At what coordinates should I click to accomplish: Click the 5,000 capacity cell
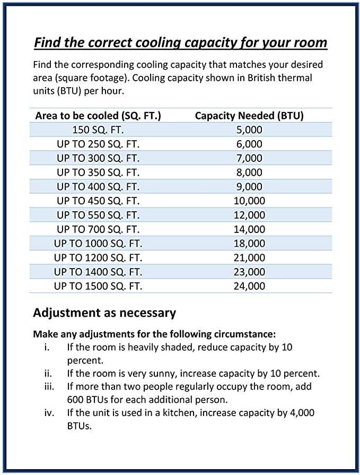pyautogui.click(x=249, y=129)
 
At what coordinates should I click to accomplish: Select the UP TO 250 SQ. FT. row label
pyautogui.click(x=98, y=144)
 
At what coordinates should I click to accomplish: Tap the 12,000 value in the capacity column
pyautogui.click(x=249, y=215)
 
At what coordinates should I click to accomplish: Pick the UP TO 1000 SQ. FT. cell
pyautogui.click(x=98, y=244)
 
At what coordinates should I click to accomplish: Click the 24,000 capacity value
pyautogui.click(x=249, y=286)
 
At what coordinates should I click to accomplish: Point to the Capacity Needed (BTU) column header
pyautogui.click(x=249, y=116)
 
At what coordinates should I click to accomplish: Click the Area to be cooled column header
pyautogui.click(x=98, y=116)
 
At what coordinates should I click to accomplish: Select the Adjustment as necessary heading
pyautogui.click(x=104, y=313)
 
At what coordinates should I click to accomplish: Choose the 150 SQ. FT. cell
pyautogui.click(x=98, y=129)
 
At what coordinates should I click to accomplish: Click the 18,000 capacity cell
pyautogui.click(x=249, y=244)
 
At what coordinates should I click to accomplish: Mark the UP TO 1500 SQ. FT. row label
pyautogui.click(x=98, y=286)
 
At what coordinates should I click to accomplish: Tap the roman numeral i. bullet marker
pyautogui.click(x=47, y=347)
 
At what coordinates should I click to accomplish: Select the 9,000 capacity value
pyautogui.click(x=249, y=186)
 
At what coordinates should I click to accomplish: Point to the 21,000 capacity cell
pyautogui.click(x=249, y=258)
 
